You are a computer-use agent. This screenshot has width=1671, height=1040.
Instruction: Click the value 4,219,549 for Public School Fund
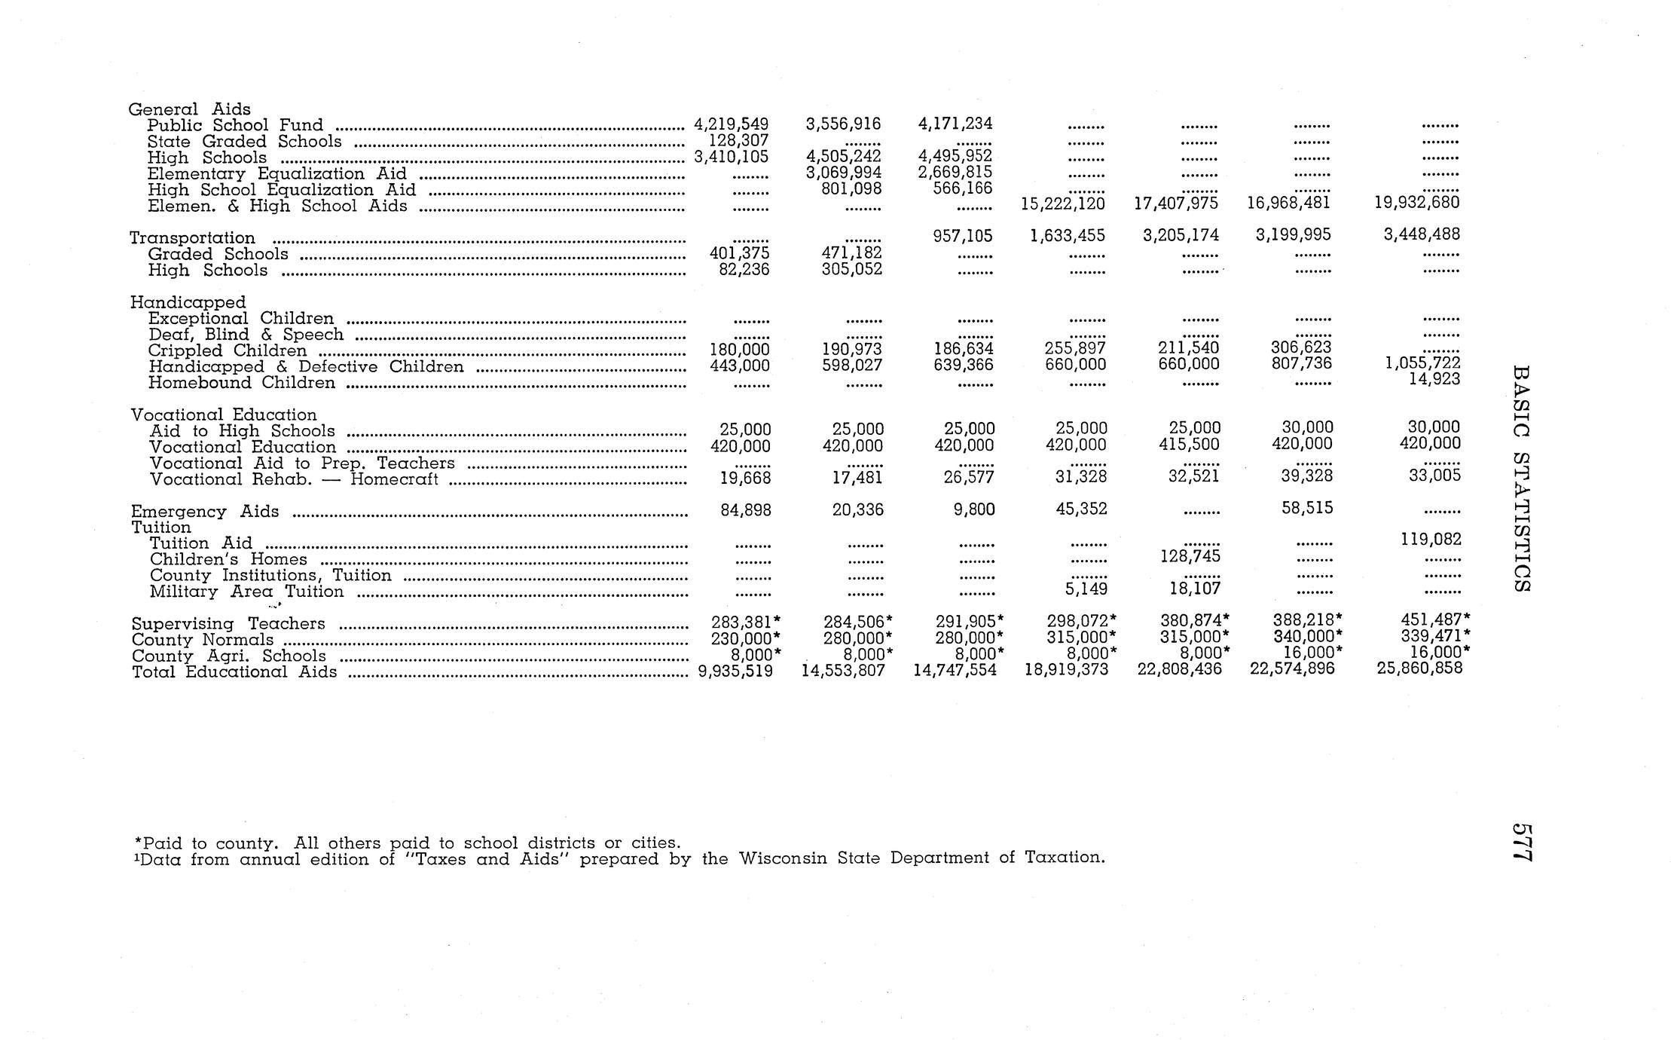point(730,124)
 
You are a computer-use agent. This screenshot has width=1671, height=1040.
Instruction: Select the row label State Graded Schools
point(244,142)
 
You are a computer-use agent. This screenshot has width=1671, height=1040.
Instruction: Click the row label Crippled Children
point(228,350)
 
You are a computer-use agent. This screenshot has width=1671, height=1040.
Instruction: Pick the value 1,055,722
point(1422,363)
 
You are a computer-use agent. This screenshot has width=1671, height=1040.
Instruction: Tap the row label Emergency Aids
point(204,511)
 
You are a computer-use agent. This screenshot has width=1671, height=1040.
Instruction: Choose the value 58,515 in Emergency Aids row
point(1307,508)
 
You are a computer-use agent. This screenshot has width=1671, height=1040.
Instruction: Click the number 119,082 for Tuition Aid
point(1431,540)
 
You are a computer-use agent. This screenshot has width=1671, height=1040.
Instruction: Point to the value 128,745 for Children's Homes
point(1190,556)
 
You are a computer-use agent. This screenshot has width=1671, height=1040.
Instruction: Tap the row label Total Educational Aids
point(234,671)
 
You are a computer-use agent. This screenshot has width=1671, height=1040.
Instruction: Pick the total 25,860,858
point(1419,668)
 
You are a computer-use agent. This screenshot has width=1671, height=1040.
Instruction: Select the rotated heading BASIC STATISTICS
point(1521,479)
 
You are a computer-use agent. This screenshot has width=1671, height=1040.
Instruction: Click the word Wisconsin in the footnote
point(784,858)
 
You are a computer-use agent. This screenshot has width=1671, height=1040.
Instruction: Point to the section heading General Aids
point(189,109)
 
